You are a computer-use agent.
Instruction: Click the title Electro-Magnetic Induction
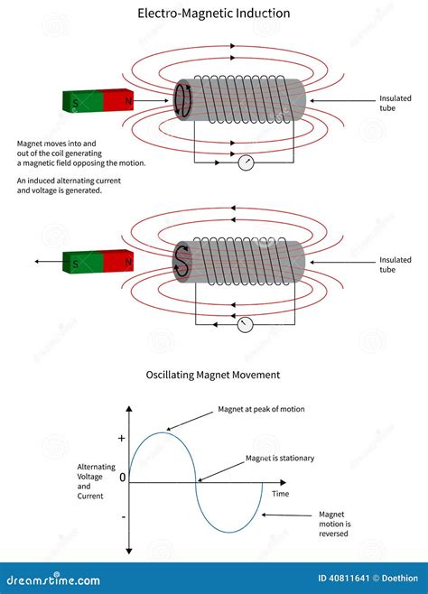pos(213,14)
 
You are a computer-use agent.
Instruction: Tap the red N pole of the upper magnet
pos(117,101)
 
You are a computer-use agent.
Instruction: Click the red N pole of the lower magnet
pos(117,261)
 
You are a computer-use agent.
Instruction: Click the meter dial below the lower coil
pos(244,325)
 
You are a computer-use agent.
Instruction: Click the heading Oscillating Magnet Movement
pos(213,375)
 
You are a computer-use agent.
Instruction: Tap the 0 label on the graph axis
pos(122,476)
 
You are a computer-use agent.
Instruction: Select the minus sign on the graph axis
pos(121,516)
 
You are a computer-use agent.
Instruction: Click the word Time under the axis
pos(281,494)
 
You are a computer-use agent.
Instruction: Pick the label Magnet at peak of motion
pos(261,409)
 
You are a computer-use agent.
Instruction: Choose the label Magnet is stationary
pos(280,459)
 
